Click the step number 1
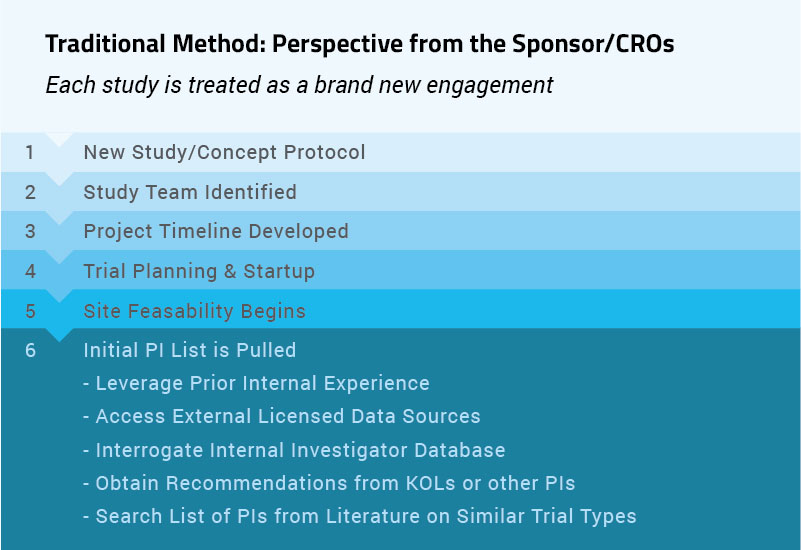(x=30, y=152)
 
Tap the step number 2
(x=30, y=192)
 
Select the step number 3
(x=30, y=231)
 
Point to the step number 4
(x=30, y=271)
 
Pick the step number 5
(x=30, y=311)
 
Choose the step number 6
(x=30, y=350)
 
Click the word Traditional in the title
(x=105, y=43)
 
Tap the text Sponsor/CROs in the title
(x=593, y=44)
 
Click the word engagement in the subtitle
(x=490, y=86)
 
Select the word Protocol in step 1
(x=324, y=152)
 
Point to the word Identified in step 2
(x=250, y=192)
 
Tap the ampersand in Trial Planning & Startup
(x=230, y=271)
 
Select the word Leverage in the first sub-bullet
(x=139, y=384)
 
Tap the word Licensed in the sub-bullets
(x=301, y=416)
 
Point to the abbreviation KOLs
(x=430, y=483)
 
